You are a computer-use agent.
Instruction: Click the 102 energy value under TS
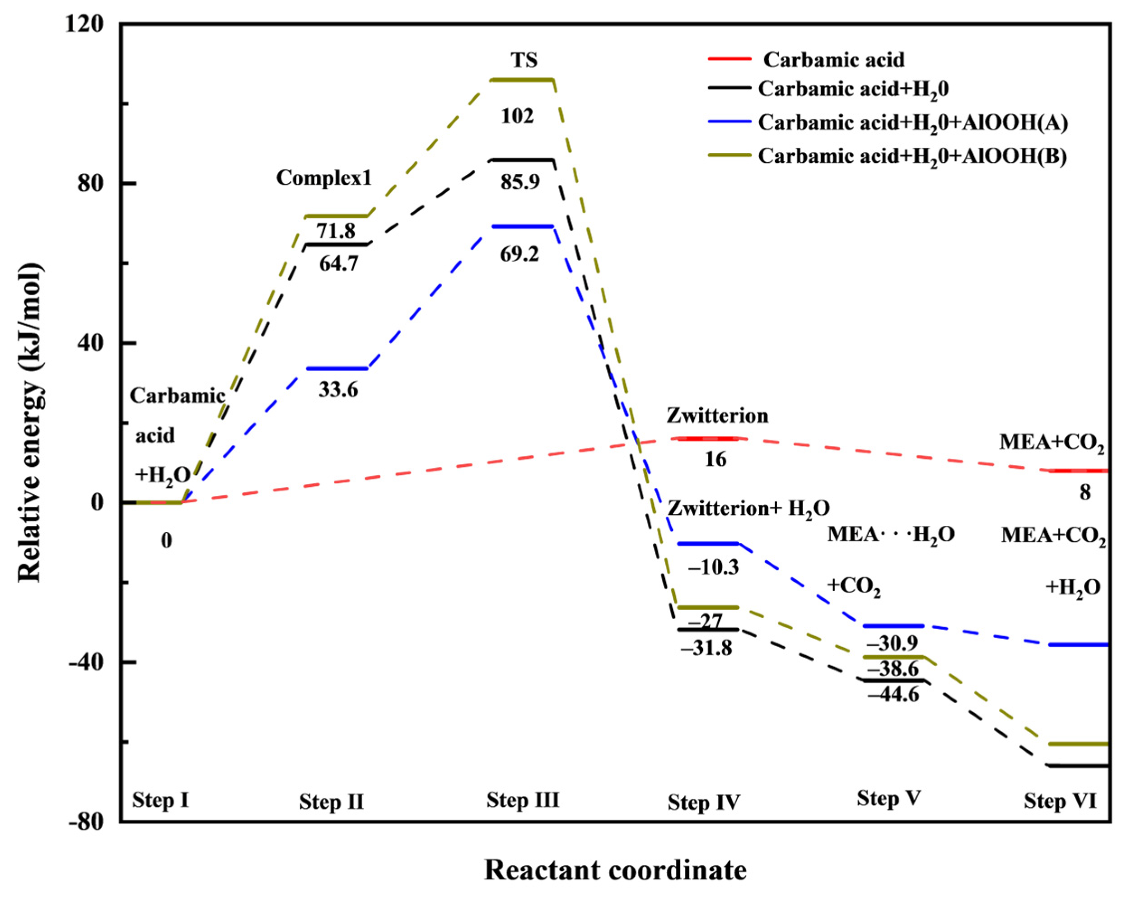[x=517, y=116]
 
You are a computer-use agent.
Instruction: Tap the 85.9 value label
[x=519, y=182]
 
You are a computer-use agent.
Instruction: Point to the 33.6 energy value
[x=338, y=389]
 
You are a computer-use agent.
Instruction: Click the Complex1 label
[x=323, y=178]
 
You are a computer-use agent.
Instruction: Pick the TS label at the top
[x=524, y=60]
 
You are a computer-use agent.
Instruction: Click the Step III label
[x=522, y=800]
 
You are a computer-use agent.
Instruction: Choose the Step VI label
[x=1060, y=801]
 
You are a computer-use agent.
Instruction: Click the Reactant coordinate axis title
[x=615, y=870]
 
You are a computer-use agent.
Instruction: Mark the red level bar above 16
[x=708, y=438]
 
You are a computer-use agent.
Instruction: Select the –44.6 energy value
[x=893, y=694]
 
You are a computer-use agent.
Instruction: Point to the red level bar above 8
[x=1078, y=471]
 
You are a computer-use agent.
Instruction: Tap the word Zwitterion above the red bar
[x=717, y=416]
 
